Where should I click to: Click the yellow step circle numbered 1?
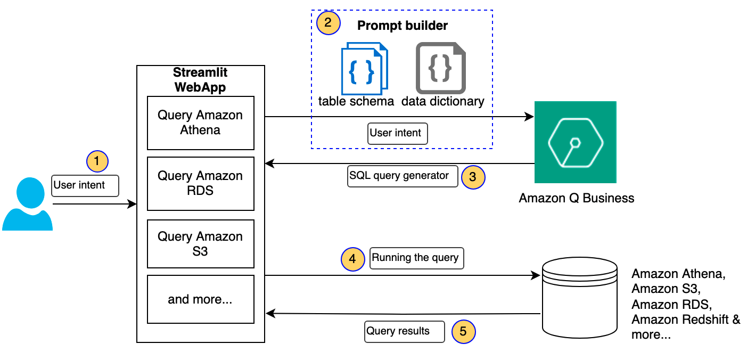[x=97, y=160]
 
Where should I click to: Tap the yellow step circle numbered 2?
[x=327, y=23]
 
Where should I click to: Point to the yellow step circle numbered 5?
[x=463, y=332]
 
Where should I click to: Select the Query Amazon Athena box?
[x=200, y=123]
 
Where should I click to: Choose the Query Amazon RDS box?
[x=200, y=184]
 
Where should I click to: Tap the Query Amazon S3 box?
[x=200, y=244]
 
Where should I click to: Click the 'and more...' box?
[x=200, y=299]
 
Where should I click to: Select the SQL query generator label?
[x=403, y=176]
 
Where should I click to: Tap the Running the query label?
[x=415, y=258]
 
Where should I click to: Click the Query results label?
[x=404, y=331]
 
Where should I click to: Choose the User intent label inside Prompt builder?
[x=397, y=133]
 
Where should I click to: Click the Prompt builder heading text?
[x=403, y=26]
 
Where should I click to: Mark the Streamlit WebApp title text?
[x=200, y=80]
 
